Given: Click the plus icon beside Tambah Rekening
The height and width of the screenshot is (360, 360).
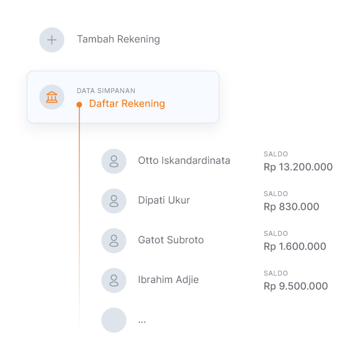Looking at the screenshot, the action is coord(52,40).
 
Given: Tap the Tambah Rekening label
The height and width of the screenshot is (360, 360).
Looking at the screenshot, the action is coord(119,40).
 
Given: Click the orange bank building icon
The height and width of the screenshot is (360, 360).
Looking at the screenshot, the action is coord(52,97).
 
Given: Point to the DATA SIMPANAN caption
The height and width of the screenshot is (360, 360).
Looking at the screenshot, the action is coord(106,91).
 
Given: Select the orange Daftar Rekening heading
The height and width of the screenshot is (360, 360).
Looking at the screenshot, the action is coord(127,104).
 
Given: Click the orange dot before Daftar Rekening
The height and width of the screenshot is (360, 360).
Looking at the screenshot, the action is coord(79,105).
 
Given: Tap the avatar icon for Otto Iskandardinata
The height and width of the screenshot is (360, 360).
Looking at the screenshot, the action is coord(114,161).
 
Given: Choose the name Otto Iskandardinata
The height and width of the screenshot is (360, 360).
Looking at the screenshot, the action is coord(184,161).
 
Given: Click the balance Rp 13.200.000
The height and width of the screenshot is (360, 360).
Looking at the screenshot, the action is coord(298,167).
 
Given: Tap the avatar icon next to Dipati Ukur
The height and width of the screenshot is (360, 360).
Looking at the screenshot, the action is coord(114,201).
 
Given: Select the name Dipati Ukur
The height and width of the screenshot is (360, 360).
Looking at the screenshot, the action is coord(164,200).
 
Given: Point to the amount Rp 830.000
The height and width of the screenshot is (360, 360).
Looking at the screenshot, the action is coord(291,207).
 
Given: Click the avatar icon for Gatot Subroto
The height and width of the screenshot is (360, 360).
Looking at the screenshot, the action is coord(114,241).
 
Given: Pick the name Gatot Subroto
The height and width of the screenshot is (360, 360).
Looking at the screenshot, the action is coord(171,240).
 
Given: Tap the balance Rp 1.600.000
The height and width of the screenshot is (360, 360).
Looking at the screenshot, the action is coord(295,246).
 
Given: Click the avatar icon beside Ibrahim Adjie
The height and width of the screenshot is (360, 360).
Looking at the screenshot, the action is coord(114,281).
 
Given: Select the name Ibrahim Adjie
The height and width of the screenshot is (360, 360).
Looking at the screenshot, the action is coord(168,280).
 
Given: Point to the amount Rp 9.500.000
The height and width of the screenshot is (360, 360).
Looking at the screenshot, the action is coord(295,286).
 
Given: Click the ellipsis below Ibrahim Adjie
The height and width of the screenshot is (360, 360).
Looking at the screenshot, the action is coord(142,322).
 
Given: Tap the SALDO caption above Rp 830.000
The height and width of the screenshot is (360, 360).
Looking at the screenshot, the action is coord(276,194).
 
